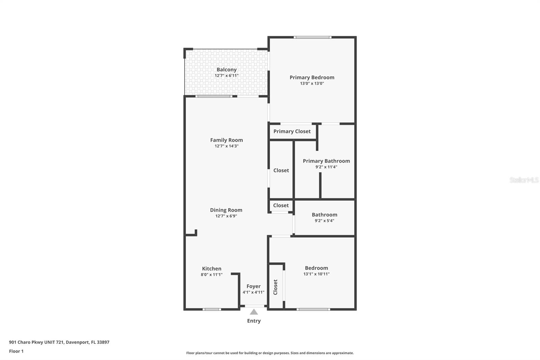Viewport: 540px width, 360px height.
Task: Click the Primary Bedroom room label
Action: coord(312,77)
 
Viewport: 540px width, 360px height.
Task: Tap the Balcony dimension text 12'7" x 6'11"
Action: coord(226,76)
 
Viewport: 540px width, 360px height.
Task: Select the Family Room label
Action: coord(226,140)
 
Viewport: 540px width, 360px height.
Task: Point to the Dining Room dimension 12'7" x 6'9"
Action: coord(226,216)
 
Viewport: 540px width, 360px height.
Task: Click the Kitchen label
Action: coord(212,268)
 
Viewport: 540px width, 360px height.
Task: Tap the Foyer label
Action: coord(253,286)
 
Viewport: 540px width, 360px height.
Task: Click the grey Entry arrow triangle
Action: coord(254,312)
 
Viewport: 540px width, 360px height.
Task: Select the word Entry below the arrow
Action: coord(254,321)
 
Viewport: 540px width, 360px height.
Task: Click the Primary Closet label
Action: coord(292,131)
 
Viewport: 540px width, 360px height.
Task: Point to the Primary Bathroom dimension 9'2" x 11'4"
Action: coord(326,167)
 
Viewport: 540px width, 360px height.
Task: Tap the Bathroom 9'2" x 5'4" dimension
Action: coord(324,221)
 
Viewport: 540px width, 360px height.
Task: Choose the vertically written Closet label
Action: coord(275,287)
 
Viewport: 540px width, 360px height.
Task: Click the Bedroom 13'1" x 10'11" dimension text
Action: coord(316,274)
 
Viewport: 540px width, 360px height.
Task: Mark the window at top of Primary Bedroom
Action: coord(313,37)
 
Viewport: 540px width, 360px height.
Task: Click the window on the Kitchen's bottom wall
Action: coord(212,309)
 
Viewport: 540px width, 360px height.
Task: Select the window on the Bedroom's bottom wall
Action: coord(313,309)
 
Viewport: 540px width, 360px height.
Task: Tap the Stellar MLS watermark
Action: coord(524,180)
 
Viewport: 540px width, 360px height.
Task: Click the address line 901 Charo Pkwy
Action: coord(59,342)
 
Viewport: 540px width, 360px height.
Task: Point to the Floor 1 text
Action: coord(16,351)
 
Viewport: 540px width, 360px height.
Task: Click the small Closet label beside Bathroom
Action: coord(281,205)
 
